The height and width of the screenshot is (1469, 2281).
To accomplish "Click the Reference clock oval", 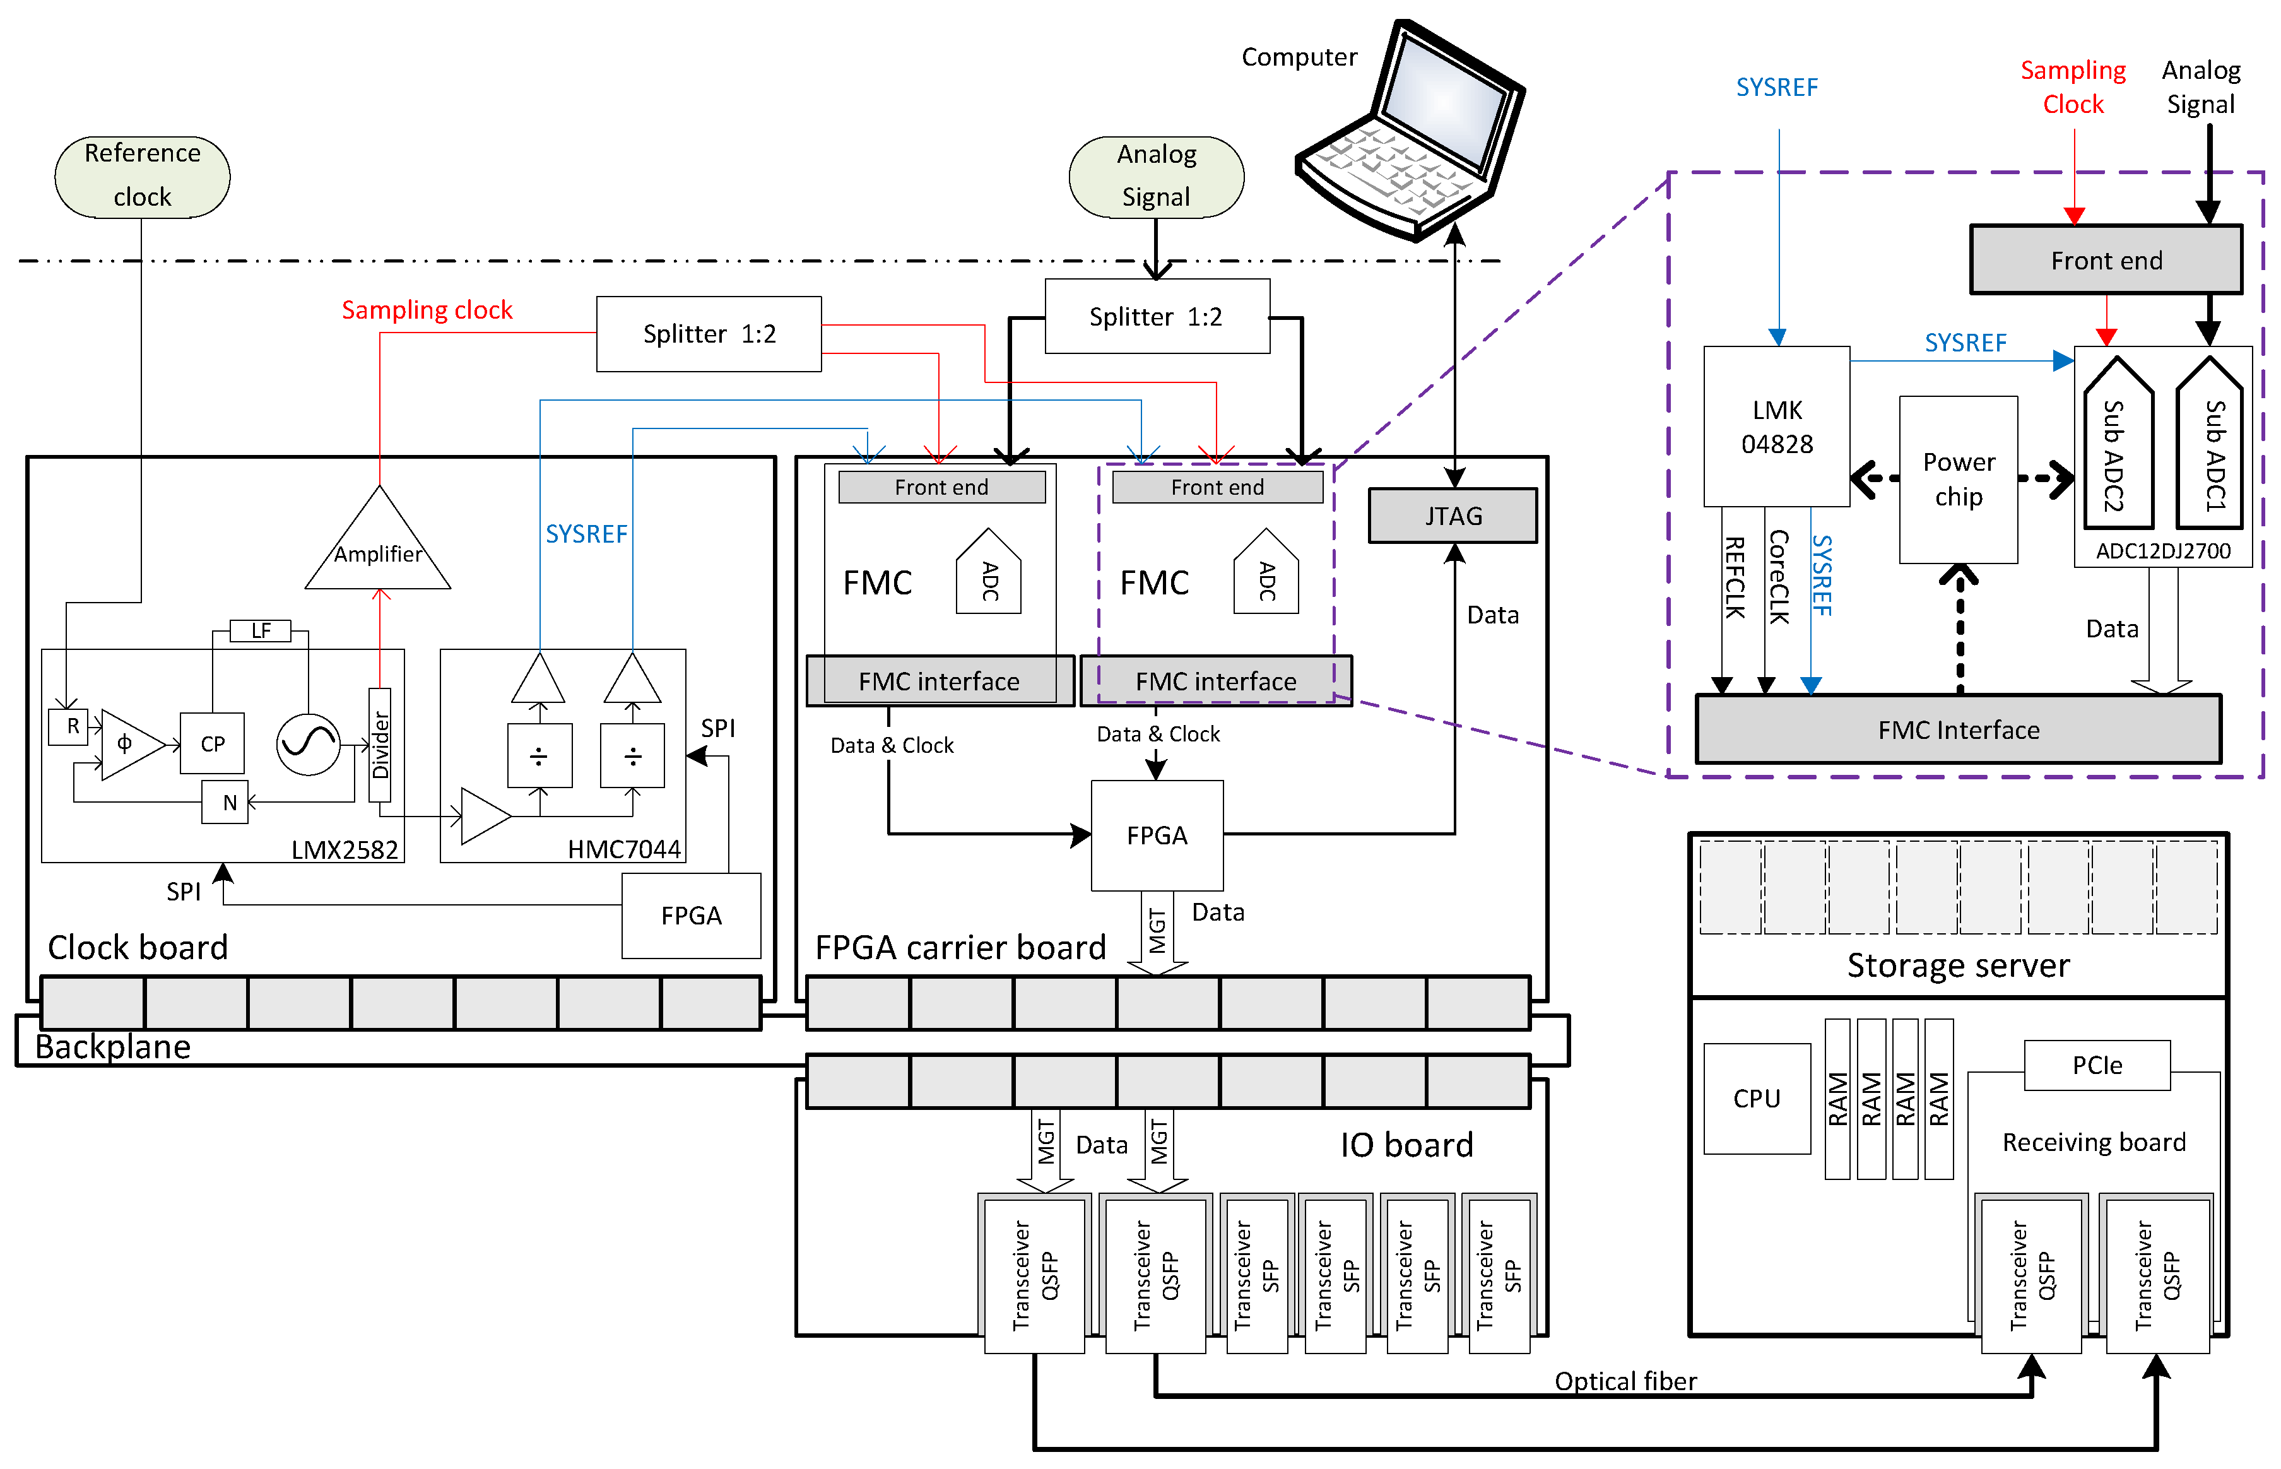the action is [142, 177].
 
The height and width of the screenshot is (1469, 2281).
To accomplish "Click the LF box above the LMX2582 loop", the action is [261, 630].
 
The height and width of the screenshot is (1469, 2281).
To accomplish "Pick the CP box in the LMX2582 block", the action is [213, 743].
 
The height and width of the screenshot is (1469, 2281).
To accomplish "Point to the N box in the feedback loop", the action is [226, 802].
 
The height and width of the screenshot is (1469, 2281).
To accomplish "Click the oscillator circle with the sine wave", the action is [308, 744].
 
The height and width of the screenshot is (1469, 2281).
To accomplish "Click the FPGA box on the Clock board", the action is [692, 916].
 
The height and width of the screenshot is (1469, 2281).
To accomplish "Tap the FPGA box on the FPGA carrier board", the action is [1157, 835].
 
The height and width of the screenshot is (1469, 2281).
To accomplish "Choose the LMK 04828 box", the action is [1777, 427].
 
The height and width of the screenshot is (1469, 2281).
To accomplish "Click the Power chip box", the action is [1958, 480].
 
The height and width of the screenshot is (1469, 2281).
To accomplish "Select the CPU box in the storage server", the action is [1757, 1099].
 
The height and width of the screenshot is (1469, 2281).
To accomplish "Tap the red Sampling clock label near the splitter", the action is [427, 310].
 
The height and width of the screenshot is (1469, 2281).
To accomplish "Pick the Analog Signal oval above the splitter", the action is [1156, 177].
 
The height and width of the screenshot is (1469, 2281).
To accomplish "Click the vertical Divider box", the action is [379, 745].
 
